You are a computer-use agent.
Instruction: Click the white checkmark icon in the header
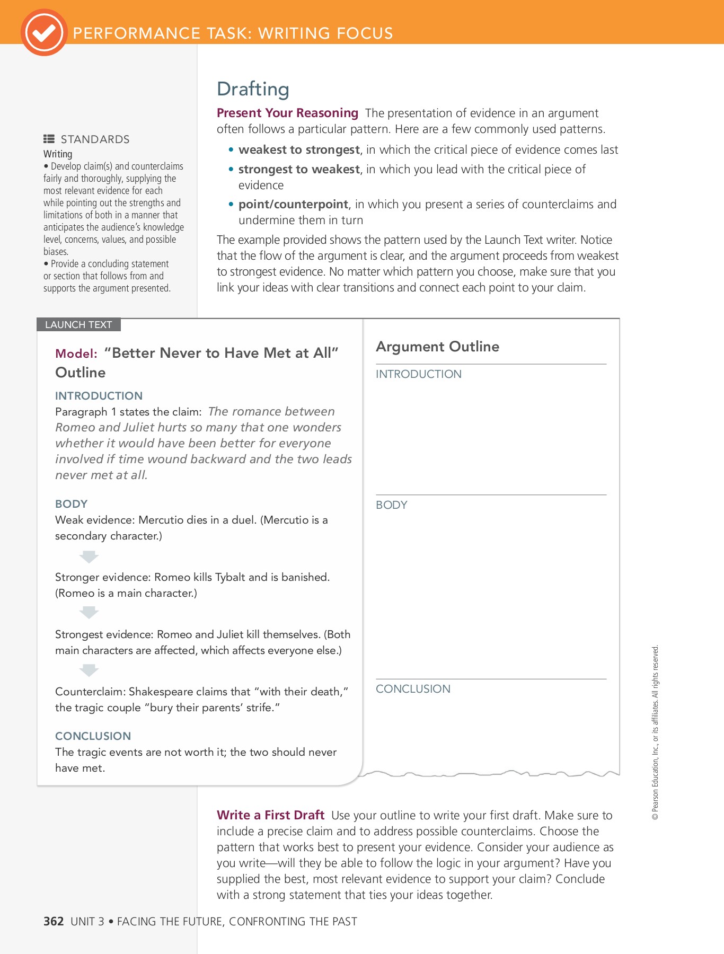(44, 33)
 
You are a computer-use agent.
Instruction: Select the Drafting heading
(253, 89)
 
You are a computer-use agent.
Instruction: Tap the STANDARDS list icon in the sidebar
(49, 139)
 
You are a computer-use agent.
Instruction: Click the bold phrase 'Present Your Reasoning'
(287, 113)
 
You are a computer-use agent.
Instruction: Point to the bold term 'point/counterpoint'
(293, 205)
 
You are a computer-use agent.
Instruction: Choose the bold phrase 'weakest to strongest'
(299, 150)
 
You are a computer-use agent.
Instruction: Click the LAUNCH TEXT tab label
(78, 324)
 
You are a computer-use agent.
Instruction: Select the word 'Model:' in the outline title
(76, 354)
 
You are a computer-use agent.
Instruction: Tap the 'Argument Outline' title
(437, 347)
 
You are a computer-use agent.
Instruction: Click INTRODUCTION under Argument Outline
(418, 374)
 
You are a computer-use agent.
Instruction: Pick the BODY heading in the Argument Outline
(391, 505)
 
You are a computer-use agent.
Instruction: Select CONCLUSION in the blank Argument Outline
(413, 689)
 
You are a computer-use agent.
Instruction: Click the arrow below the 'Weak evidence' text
(89, 556)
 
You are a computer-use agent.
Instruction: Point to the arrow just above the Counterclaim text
(89, 670)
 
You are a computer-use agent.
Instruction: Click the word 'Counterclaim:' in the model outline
(90, 692)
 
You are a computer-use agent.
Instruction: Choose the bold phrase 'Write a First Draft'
(270, 815)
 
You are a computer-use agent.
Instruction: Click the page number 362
(54, 922)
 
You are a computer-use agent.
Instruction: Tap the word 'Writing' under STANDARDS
(58, 154)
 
